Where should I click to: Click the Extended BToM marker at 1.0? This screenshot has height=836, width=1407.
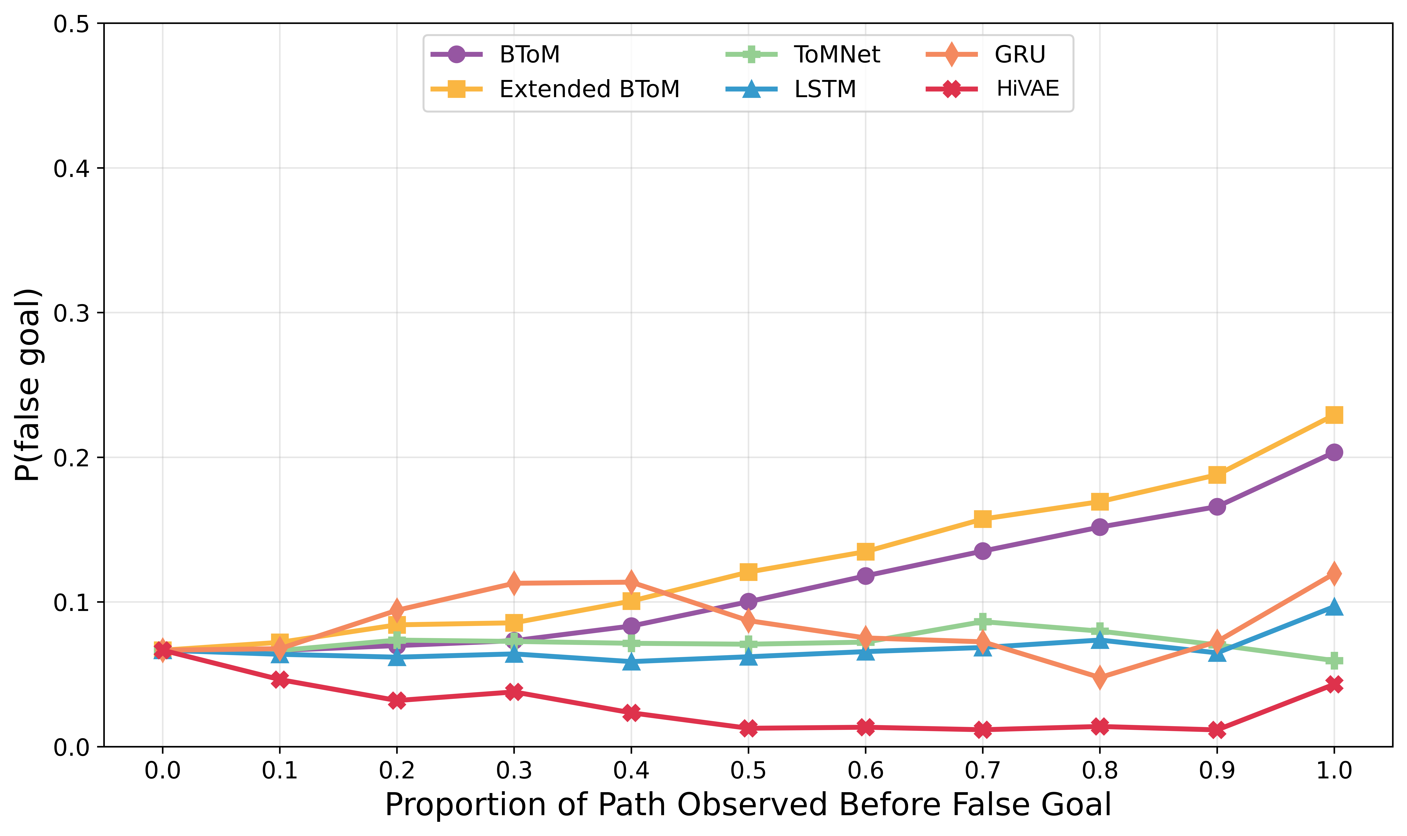(x=1333, y=415)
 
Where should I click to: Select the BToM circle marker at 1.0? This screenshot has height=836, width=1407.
(x=1333, y=452)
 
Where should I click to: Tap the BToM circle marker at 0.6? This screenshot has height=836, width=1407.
(x=865, y=576)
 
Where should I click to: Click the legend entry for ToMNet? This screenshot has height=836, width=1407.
(x=837, y=55)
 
